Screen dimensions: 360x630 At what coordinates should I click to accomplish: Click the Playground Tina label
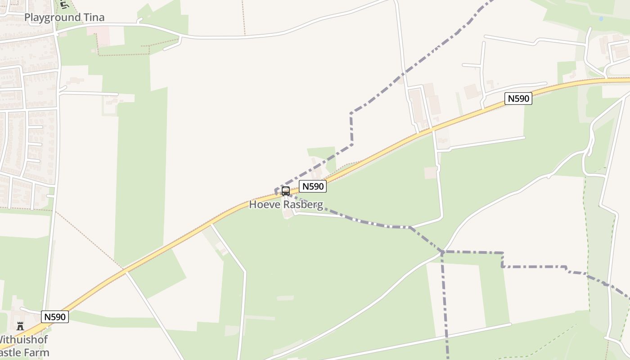coord(64,18)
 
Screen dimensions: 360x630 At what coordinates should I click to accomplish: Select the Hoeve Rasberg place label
coord(286,205)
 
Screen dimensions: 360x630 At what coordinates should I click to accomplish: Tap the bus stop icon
coord(286,191)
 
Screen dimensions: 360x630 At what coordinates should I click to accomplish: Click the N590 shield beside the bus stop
coord(312,186)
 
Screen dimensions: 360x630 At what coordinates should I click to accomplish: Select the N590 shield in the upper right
coord(518,99)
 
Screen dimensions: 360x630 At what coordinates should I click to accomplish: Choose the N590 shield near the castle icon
coord(55,317)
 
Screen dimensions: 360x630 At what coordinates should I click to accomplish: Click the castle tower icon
coord(20,326)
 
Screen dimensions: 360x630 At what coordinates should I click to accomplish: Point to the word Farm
coord(38,352)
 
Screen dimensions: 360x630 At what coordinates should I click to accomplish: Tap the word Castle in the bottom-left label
coord(13,352)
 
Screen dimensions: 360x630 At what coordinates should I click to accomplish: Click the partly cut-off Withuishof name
coord(23,340)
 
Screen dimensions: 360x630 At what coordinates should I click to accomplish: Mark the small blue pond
coord(601,19)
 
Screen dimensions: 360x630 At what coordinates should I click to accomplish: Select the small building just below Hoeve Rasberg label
coord(287,215)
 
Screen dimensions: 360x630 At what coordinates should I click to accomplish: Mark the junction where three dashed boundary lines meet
coord(443,252)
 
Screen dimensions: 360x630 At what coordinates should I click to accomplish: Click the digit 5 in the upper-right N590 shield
coord(517,99)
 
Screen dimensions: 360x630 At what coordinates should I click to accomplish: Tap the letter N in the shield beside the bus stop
coord(305,186)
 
